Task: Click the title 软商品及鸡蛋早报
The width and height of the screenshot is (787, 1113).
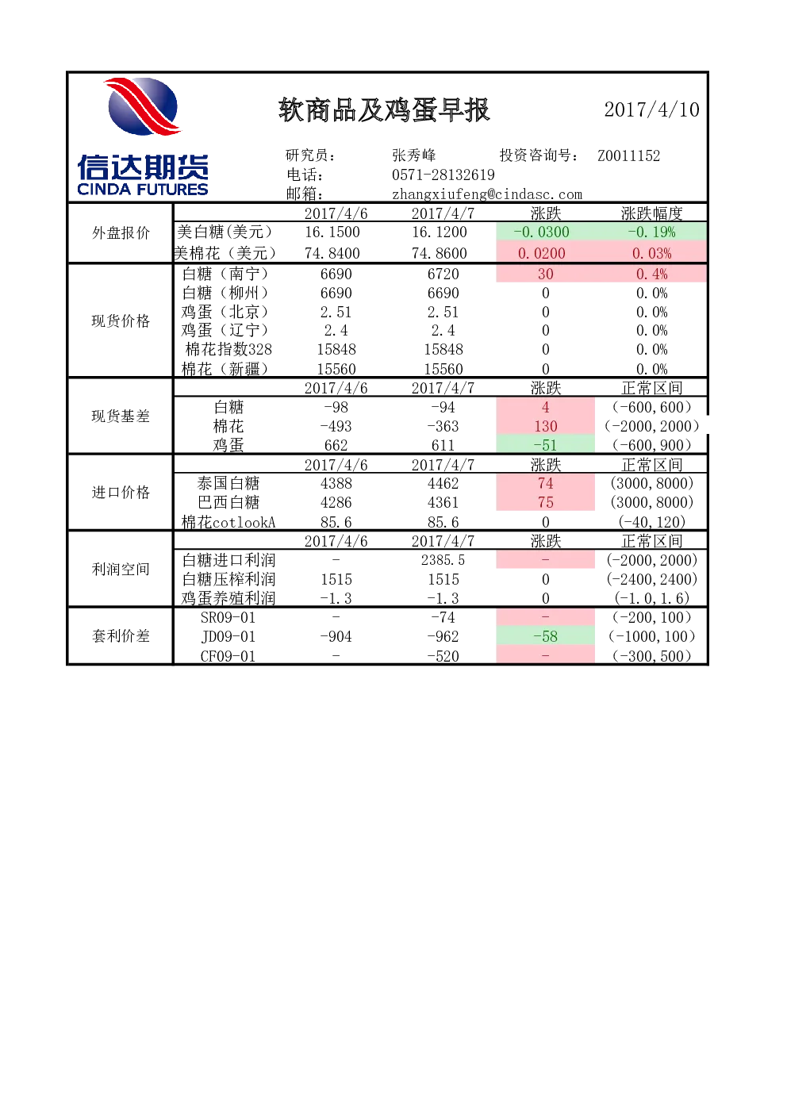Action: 384,109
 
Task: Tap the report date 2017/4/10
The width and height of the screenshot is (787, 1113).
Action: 651,109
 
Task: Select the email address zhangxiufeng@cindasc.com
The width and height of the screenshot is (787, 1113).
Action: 487,194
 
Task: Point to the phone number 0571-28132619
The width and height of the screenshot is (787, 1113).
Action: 443,175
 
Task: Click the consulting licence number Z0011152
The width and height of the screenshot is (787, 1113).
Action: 628,155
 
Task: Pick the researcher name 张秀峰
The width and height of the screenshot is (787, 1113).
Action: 413,155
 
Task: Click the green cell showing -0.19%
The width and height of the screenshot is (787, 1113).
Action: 651,232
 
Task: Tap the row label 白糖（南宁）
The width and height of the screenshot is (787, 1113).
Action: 226,274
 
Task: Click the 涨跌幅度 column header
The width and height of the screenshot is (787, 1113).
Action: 651,213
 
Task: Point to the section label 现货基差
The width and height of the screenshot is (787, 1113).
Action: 121,416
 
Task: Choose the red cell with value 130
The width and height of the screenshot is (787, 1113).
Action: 546,426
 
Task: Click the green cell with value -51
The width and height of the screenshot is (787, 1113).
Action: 546,445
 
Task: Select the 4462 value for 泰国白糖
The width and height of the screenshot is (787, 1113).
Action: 443,483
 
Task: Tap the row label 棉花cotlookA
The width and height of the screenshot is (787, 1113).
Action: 228,522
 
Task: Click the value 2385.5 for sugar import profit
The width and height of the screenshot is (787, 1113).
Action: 443,560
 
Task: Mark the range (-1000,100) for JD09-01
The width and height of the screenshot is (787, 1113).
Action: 651,636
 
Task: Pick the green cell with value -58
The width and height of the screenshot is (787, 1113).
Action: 546,636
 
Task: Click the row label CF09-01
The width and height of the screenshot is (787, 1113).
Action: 228,656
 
